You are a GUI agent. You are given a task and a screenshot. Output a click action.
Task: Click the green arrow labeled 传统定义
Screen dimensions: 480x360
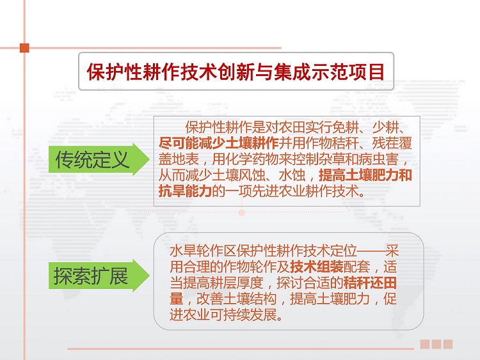[99, 159]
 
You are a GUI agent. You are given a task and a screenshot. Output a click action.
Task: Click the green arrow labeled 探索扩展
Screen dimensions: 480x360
[99, 276]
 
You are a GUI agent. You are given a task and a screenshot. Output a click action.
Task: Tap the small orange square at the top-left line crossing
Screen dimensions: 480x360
[24, 48]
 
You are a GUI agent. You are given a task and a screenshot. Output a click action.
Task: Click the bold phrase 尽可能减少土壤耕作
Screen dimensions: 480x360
[219, 143]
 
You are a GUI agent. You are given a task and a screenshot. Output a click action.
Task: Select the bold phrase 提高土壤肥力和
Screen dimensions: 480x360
[365, 175]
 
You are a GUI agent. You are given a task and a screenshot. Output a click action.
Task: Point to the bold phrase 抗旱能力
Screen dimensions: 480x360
[185, 191]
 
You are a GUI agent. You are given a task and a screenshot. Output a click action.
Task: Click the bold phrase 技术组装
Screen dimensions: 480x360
[317, 267]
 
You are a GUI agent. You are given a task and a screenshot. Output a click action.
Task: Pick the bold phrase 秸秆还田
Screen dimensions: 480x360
[370, 283]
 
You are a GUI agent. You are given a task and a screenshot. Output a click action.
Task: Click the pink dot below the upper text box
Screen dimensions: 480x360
[241, 212]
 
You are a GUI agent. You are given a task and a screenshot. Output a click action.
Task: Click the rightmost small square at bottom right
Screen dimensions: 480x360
[448, 344]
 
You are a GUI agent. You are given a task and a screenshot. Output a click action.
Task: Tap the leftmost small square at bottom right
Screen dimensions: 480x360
[424, 344]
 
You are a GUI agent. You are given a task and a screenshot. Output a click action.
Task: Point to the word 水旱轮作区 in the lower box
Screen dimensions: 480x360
[203, 251]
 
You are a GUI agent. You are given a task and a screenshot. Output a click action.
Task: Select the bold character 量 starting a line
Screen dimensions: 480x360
[177, 299]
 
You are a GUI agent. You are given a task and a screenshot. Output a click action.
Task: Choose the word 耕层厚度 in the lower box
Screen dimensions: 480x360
[236, 283]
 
